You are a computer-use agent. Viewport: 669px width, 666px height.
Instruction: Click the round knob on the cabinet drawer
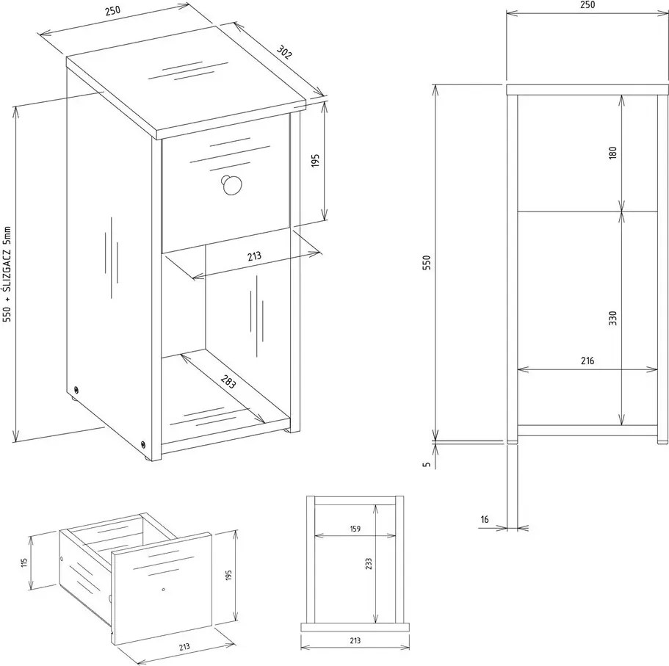231,184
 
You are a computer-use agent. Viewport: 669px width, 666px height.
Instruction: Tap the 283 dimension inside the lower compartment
228,381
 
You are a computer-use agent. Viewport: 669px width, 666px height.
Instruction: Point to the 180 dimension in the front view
613,153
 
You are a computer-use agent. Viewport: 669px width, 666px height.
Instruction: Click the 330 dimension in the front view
613,318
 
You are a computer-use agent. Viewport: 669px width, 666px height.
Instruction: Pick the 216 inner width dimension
587,361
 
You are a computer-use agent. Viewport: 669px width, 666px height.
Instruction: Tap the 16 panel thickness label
485,519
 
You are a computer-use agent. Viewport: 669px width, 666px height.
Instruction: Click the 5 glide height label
427,464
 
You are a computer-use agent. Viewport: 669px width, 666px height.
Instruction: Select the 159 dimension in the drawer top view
355,529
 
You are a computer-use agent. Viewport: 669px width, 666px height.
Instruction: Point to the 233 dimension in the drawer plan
369,564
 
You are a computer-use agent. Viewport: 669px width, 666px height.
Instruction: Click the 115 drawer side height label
24,562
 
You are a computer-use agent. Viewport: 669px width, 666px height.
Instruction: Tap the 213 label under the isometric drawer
184,647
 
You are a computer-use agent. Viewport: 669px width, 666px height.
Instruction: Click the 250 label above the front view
587,4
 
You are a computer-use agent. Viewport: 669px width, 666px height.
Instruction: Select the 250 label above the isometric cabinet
112,11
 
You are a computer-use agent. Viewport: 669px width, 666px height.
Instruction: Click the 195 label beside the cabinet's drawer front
315,160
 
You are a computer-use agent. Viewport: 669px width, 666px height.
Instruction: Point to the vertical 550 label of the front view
427,262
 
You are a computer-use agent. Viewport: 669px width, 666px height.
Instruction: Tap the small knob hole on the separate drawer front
164,590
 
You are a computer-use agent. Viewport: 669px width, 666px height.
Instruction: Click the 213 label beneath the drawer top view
355,640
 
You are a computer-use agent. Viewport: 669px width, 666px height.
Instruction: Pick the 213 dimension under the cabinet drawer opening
254,256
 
